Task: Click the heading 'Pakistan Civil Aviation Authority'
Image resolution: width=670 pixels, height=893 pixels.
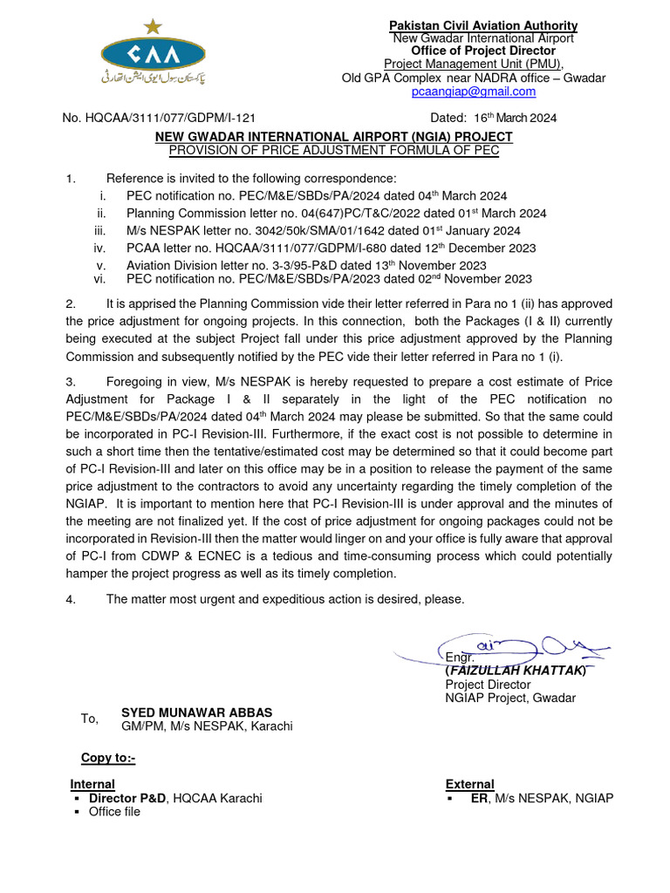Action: tap(482, 25)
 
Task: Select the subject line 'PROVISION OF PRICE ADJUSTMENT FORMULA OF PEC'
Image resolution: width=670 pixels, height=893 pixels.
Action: tap(333, 150)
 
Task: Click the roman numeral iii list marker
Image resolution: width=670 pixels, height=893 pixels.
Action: tap(99, 230)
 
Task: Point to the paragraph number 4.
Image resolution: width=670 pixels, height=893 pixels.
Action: tap(71, 599)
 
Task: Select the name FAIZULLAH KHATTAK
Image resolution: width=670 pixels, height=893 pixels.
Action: tap(516, 671)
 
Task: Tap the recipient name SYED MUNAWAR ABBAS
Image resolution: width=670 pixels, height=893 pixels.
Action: tap(196, 712)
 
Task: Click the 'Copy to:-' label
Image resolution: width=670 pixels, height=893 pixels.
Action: tap(108, 758)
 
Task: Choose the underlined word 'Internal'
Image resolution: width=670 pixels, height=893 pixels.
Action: tap(92, 784)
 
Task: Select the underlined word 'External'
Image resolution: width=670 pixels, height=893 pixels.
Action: tap(469, 784)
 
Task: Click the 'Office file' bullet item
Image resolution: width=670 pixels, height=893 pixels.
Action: tap(114, 812)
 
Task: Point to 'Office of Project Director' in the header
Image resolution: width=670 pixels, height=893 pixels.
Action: tap(483, 51)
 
